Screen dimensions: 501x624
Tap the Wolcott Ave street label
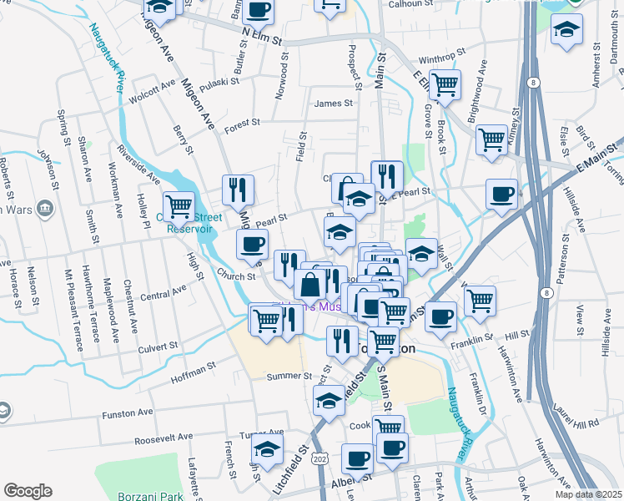click(x=153, y=91)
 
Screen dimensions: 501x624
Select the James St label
click(x=333, y=104)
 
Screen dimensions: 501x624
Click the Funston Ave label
click(x=128, y=412)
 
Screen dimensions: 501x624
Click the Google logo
click(x=28, y=491)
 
